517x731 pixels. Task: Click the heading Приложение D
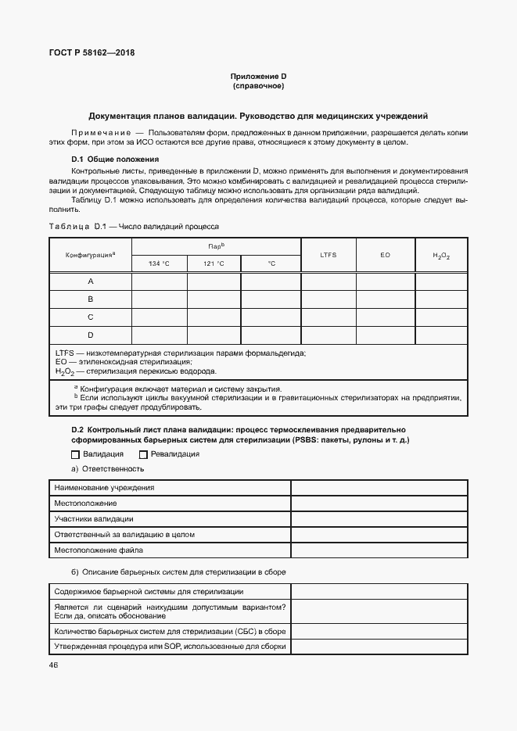[x=258, y=76]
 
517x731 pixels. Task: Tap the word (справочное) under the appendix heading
[x=258, y=85]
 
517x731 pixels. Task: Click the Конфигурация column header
[x=90, y=254]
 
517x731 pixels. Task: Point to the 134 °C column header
[x=159, y=263]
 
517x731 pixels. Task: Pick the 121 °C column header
[x=214, y=263]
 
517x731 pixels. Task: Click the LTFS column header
[x=329, y=255]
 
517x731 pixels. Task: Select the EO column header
[x=385, y=255]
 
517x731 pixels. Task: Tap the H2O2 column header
[x=441, y=256]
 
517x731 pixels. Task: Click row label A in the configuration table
[x=90, y=281]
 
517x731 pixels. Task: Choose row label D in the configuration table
[x=90, y=335]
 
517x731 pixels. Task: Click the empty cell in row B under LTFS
[x=329, y=299]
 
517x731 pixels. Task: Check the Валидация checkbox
[x=76, y=454]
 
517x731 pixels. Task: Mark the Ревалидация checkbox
[x=143, y=454]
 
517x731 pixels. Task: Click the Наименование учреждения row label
[x=104, y=488]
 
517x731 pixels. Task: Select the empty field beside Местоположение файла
[x=379, y=550]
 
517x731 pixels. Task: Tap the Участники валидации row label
[x=93, y=519]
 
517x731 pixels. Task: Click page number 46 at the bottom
[x=53, y=665]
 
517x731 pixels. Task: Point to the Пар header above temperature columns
[x=216, y=245]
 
